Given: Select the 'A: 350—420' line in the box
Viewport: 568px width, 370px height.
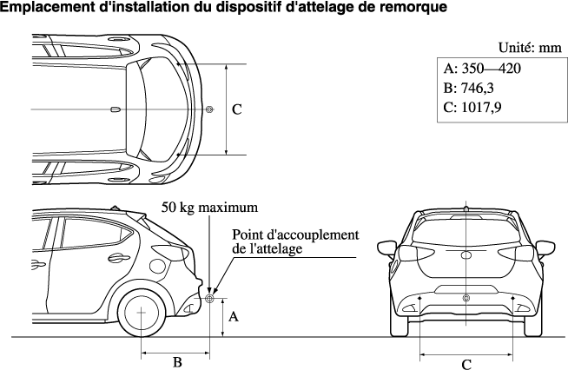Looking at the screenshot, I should [x=483, y=69].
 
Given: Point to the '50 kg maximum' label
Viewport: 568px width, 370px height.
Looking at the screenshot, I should [x=210, y=208].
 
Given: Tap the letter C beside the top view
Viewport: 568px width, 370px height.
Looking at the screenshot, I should [x=236, y=110].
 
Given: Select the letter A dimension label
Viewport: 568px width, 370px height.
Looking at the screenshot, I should [x=233, y=317].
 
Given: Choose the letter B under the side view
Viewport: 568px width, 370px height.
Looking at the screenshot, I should [x=176, y=361].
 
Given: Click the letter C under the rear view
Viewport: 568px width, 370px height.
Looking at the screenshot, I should [x=466, y=363].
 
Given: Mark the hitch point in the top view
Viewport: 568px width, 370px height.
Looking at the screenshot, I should [x=209, y=109].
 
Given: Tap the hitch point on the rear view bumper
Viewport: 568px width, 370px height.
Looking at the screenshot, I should [x=466, y=298].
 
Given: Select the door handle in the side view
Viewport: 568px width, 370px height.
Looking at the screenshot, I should [x=115, y=258].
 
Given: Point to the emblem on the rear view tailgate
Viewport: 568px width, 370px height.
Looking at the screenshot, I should [x=466, y=254].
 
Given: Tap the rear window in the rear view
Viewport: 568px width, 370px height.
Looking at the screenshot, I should [x=466, y=228].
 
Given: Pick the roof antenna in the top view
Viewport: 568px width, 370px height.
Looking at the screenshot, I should [x=116, y=109].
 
